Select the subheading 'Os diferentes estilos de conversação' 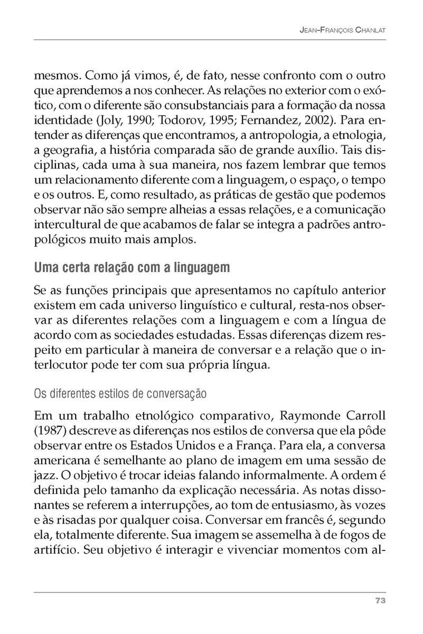click(x=120, y=394)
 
